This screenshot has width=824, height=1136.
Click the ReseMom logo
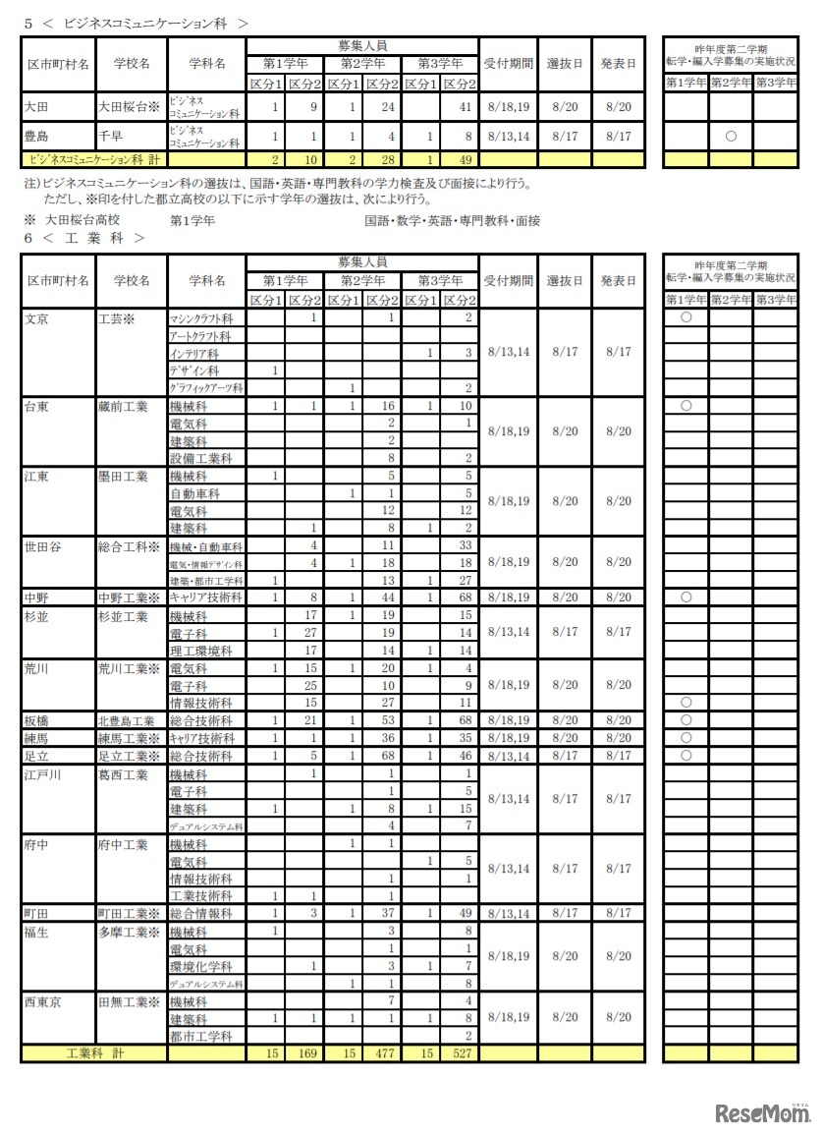point(754,1112)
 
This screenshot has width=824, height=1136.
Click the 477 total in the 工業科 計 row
point(382,1053)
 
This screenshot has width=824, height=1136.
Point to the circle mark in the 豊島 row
point(731,137)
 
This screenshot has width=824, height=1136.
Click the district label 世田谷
point(43,546)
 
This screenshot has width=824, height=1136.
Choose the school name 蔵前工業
point(123,406)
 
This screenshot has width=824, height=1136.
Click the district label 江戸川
point(43,774)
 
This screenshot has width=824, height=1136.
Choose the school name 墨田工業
point(123,477)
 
